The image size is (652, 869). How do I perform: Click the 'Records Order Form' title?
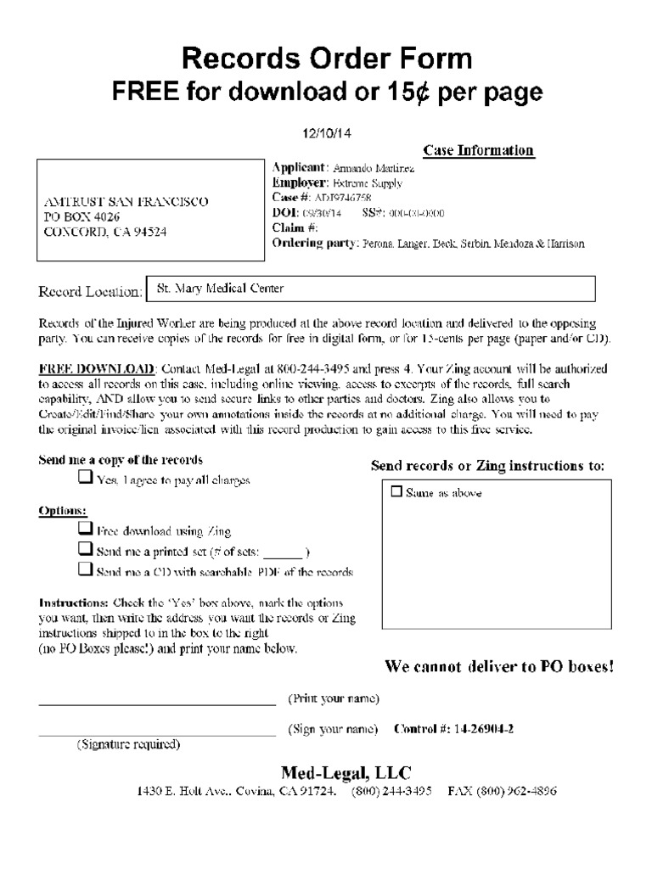[327, 59]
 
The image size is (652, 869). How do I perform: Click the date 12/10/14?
[327, 133]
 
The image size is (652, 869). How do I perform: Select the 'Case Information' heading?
[478, 151]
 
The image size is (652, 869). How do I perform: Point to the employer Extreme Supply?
[367, 182]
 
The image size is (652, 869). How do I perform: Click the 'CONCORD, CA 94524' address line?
[105, 231]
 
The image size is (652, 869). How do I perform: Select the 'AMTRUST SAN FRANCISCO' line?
[125, 201]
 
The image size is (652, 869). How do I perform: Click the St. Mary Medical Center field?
[370, 289]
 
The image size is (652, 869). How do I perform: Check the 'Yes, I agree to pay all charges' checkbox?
[85, 478]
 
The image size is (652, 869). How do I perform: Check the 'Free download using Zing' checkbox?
[85, 529]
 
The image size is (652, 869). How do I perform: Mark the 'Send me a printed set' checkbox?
[85, 549]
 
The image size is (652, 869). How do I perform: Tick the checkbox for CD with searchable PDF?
[85, 569]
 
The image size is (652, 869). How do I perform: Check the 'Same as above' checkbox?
[396, 491]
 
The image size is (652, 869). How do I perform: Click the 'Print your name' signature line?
[157, 704]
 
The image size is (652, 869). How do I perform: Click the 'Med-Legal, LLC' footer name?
[346, 772]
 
